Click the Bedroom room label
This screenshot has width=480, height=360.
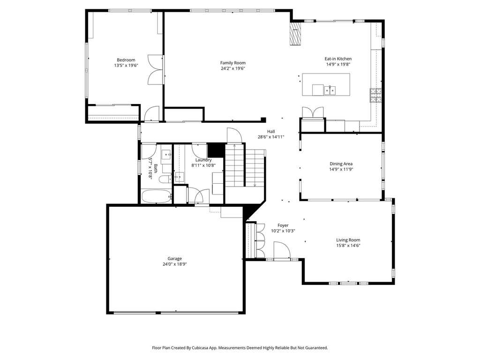[x=126, y=60]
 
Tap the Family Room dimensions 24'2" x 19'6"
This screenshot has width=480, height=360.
[x=233, y=68]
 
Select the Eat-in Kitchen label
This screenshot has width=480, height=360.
[x=338, y=59]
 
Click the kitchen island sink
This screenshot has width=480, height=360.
[x=330, y=90]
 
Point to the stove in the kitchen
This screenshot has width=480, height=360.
[x=375, y=95]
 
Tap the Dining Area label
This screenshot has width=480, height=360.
[x=341, y=164]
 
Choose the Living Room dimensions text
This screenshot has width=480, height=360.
[x=348, y=246]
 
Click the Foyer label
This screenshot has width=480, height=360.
[x=283, y=225]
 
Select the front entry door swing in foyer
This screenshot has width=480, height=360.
[x=282, y=251]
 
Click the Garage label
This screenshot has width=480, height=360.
[x=174, y=259]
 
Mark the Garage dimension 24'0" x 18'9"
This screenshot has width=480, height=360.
[x=174, y=264]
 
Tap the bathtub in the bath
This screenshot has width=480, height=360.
[x=157, y=196]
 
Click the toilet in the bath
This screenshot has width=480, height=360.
[x=165, y=180]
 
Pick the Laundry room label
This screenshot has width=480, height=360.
[x=203, y=160]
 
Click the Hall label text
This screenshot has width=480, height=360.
[x=271, y=132]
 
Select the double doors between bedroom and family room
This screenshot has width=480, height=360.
[x=156, y=70]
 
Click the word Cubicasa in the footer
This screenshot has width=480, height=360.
[x=201, y=348]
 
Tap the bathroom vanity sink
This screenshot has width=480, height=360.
[x=166, y=154]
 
